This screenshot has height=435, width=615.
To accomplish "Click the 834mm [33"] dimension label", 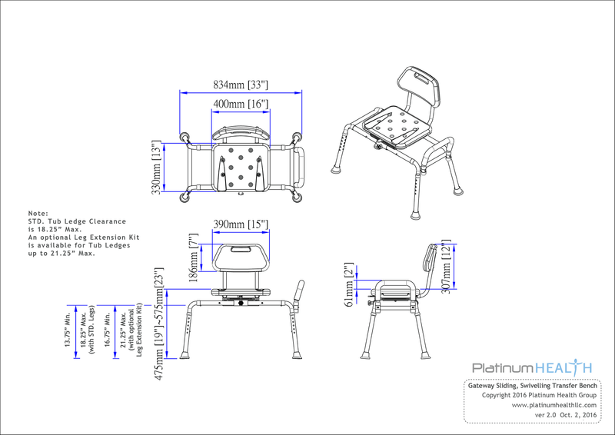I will [x=240, y=85].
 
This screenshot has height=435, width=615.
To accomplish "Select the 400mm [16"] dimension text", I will [x=240, y=103].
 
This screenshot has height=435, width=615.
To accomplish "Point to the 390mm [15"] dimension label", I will [x=240, y=224].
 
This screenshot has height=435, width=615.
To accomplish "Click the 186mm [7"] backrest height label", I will [x=194, y=257].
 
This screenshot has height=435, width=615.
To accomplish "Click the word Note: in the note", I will [x=38, y=213].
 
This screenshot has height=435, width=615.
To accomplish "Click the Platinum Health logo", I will [x=531, y=368].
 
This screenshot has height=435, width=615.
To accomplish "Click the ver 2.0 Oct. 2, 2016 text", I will [x=566, y=415].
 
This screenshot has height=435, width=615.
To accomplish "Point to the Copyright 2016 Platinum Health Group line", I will [x=539, y=395].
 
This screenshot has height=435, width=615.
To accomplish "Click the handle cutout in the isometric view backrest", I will [x=421, y=77].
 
